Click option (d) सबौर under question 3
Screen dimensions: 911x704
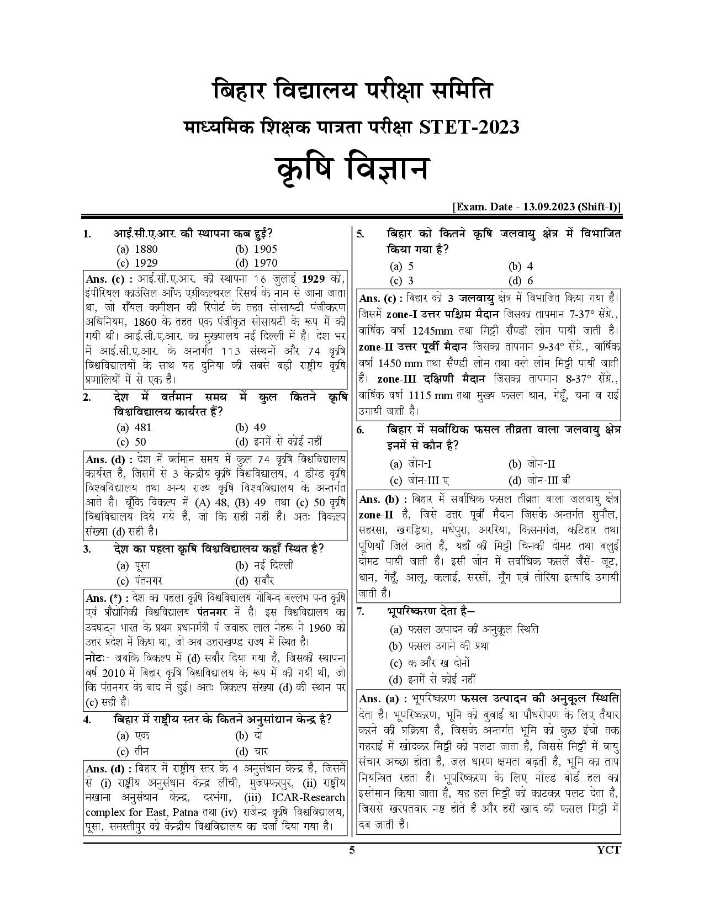click(x=255, y=580)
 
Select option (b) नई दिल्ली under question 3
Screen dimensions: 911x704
click(x=264, y=565)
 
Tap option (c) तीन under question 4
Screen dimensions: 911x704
click(x=133, y=751)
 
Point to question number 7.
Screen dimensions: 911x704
click(x=361, y=611)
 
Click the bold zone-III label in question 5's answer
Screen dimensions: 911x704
click(x=397, y=379)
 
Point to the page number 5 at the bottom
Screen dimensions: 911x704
click(x=352, y=850)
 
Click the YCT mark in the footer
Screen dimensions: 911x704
click(x=609, y=850)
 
